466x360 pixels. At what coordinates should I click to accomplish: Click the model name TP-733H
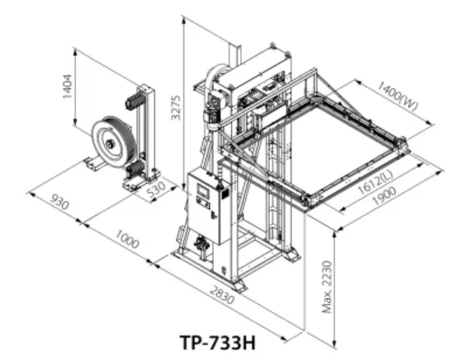(218, 342)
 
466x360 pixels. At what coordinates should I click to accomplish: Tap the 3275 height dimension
(177, 107)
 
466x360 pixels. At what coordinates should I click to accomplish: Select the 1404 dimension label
(68, 86)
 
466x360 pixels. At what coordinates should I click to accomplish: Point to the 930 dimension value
(60, 201)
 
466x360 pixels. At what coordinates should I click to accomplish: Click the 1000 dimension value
(127, 239)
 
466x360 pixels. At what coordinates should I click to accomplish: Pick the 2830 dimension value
(222, 295)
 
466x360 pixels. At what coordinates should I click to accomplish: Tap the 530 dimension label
(156, 190)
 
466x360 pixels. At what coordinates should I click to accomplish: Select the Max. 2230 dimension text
(327, 287)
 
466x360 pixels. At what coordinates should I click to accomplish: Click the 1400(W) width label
(398, 96)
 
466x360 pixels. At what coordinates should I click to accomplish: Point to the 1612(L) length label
(375, 183)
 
